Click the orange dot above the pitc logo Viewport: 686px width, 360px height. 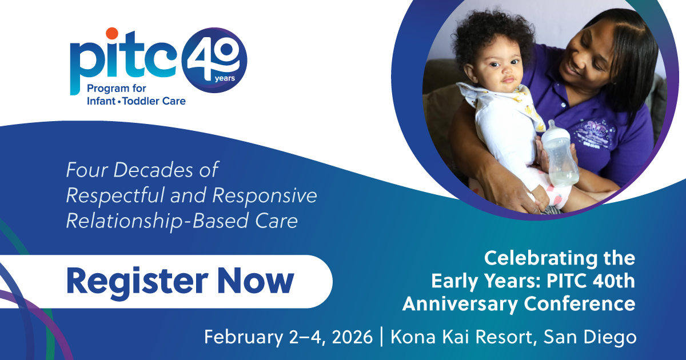[x=112, y=33]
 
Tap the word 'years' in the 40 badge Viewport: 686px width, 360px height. [x=225, y=78]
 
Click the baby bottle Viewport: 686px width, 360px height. [x=559, y=154]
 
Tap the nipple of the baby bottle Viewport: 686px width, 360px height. [x=552, y=126]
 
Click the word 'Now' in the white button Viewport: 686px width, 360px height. [x=256, y=281]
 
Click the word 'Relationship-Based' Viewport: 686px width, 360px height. [x=157, y=222]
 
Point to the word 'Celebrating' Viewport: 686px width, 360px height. [x=541, y=259]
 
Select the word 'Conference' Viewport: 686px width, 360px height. [x=580, y=304]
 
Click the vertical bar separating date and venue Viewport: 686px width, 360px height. [x=382, y=337]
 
